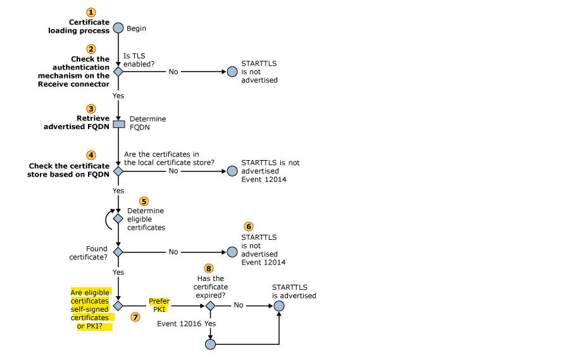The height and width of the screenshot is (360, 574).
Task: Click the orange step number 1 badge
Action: (92, 12)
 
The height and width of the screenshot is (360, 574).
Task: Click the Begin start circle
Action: (118, 28)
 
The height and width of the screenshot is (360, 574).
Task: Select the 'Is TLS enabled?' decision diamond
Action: (118, 71)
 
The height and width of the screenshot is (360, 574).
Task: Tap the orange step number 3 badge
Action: (92, 109)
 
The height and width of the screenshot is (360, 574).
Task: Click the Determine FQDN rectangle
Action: (118, 123)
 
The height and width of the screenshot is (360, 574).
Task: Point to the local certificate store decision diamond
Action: (118, 171)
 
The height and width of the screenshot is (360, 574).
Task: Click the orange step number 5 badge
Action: (144, 201)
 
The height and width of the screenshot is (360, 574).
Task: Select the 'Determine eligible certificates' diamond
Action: (118, 218)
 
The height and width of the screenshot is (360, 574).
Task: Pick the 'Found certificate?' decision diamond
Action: (118, 252)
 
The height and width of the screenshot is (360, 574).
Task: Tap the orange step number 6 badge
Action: (249, 226)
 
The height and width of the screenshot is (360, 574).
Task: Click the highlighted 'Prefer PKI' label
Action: (159, 306)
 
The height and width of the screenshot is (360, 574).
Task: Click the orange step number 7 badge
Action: (135, 317)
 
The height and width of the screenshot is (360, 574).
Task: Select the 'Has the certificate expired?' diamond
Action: (211, 306)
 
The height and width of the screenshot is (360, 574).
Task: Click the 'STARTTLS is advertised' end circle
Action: (279, 306)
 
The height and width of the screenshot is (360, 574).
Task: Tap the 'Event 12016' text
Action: (179, 323)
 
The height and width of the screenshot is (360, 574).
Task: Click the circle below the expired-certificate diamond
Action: (211, 344)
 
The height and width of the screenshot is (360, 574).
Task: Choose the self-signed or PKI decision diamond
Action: (118, 306)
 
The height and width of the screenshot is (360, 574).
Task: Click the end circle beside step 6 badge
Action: (232, 252)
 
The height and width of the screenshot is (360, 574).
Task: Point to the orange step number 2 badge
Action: (92, 49)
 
